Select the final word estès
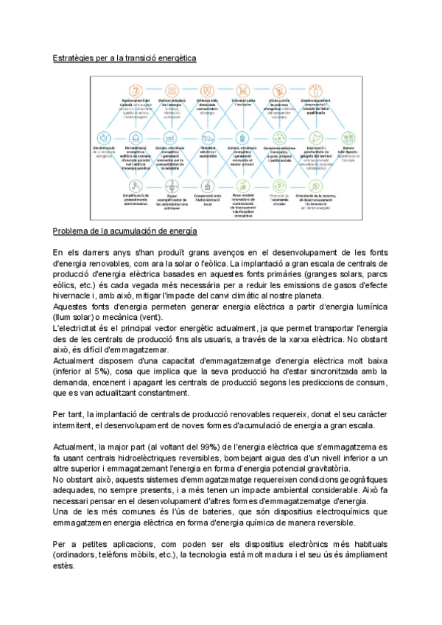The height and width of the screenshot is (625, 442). tap(64, 567)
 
